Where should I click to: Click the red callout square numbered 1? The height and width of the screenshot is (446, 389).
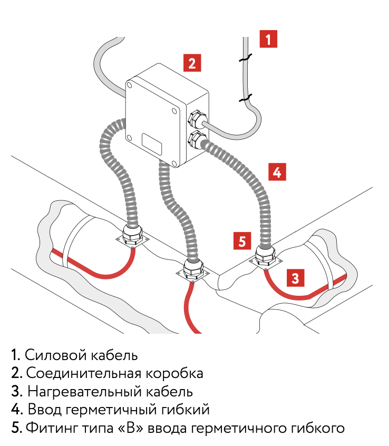[268, 39]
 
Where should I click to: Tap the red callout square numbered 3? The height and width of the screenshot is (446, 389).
[296, 277]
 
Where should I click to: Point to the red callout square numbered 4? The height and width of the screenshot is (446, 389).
[277, 172]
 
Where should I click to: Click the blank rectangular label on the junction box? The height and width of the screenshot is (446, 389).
[153, 142]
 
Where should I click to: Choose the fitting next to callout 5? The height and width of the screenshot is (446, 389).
[265, 255]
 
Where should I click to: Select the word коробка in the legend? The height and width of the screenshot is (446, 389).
[178, 373]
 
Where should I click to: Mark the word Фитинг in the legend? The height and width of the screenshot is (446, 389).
[49, 428]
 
